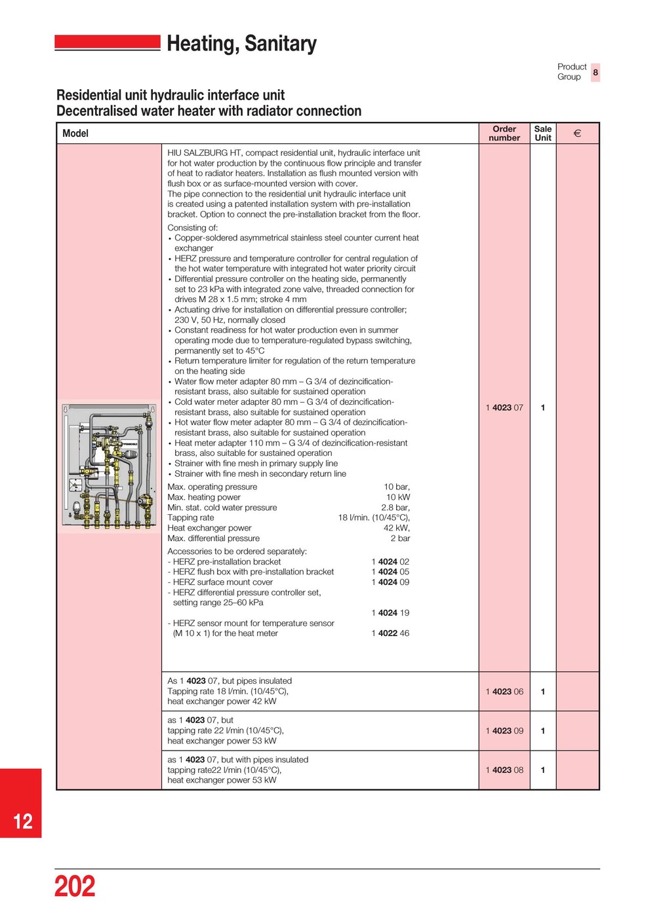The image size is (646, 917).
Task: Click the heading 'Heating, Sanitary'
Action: tap(241, 44)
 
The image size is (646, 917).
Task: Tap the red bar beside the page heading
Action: tap(108, 43)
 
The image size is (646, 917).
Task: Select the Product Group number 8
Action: tap(596, 72)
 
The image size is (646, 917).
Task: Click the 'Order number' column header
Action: tap(504, 134)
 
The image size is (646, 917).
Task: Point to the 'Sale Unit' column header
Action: tap(542, 134)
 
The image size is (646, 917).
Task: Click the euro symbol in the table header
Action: tap(577, 134)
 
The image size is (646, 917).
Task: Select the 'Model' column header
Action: tap(75, 134)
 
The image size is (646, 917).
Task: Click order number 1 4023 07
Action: tap(504, 407)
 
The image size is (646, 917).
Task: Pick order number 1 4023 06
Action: tap(504, 692)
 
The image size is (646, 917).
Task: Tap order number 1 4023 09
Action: tap(504, 731)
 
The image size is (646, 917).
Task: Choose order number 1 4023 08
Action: tap(504, 770)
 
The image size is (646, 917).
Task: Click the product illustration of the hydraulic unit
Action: tap(109, 466)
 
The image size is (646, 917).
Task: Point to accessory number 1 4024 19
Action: tap(390, 613)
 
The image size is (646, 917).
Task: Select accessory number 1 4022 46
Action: tap(390, 633)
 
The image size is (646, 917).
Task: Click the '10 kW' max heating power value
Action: tap(397, 497)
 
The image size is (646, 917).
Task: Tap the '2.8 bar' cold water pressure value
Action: tap(395, 508)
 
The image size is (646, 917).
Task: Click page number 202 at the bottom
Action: tap(75, 886)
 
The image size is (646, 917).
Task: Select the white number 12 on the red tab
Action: tap(23, 821)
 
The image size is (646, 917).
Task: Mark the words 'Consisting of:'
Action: tap(193, 228)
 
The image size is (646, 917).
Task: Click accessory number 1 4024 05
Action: tap(390, 572)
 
